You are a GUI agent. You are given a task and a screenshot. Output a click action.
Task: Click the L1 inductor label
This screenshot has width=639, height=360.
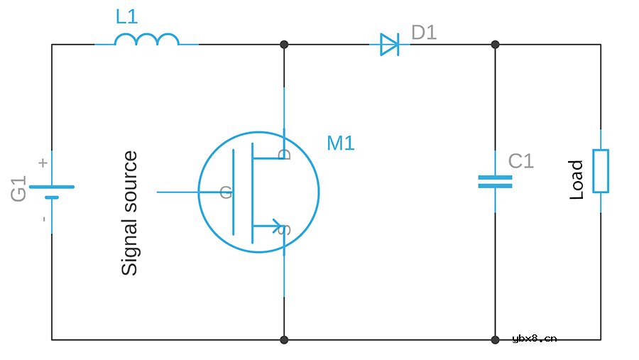(x=127, y=17)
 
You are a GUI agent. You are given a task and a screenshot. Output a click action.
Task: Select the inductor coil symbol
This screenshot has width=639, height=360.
(x=147, y=39)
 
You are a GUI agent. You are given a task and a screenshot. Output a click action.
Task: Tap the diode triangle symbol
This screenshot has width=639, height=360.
(x=390, y=45)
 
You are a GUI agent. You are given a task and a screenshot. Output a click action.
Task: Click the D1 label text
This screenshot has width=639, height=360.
(x=424, y=33)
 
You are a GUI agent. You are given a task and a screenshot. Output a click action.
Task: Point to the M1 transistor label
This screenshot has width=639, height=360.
(x=341, y=143)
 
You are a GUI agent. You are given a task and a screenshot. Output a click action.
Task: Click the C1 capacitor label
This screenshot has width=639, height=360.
(x=521, y=161)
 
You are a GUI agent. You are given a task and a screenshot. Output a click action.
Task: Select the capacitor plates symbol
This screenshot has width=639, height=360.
(x=495, y=182)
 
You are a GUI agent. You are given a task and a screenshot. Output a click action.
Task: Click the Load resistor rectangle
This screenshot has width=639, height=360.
(x=601, y=171)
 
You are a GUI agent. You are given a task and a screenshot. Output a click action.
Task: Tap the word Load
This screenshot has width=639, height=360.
(x=576, y=180)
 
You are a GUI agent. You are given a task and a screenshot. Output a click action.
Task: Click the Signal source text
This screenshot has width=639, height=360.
(x=130, y=213)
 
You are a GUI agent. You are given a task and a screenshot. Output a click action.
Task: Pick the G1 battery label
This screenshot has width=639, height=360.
(x=18, y=189)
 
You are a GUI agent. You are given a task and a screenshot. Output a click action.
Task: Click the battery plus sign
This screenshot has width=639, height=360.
(x=43, y=163)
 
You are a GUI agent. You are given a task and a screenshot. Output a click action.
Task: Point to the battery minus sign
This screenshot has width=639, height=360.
(x=44, y=219)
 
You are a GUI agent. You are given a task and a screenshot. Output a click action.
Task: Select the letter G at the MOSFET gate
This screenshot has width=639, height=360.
(x=226, y=192)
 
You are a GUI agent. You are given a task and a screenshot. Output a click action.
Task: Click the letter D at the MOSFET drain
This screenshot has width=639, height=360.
(x=285, y=154)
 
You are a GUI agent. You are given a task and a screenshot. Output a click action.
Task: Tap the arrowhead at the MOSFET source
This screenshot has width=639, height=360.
(x=278, y=226)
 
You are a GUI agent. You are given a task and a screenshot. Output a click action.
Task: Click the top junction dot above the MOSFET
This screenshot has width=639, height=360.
(x=284, y=45)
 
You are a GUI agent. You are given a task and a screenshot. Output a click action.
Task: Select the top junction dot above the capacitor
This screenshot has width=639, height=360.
(x=495, y=45)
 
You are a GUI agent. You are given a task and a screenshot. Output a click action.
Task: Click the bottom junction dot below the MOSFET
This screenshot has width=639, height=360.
(x=284, y=339)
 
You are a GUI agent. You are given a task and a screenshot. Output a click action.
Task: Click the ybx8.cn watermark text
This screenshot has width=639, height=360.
(x=534, y=339)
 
